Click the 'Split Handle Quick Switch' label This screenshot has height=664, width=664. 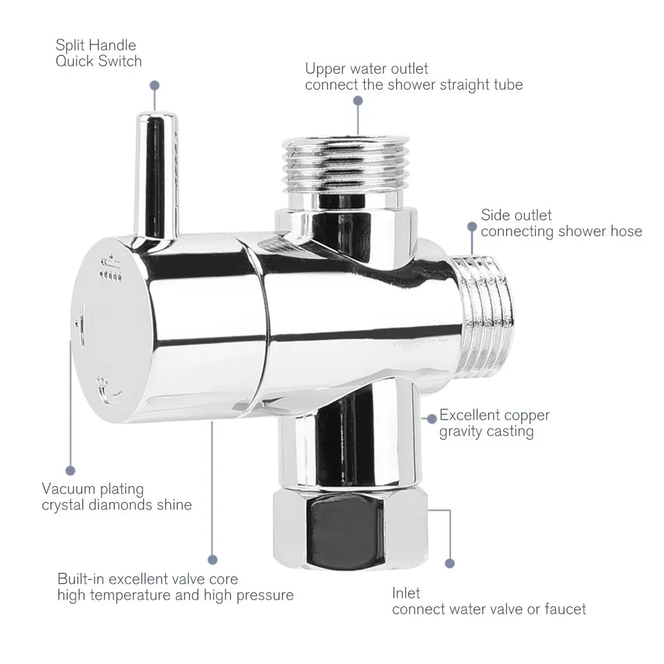(x=99, y=53)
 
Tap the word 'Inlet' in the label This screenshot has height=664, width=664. (x=406, y=592)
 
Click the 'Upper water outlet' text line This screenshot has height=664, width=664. (x=366, y=68)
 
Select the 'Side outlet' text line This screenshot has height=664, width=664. (x=516, y=215)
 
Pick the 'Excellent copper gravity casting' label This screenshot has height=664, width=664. (x=494, y=423)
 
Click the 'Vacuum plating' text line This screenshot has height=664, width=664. (x=93, y=489)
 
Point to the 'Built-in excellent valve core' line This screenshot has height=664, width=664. (x=147, y=579)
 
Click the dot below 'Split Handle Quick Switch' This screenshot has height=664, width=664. (x=155, y=86)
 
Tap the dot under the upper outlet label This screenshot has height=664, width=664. (x=358, y=101)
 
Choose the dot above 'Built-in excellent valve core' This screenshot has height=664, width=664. (x=212, y=560)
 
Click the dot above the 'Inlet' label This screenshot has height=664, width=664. (x=450, y=563)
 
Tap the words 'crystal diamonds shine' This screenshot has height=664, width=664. (x=117, y=505)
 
